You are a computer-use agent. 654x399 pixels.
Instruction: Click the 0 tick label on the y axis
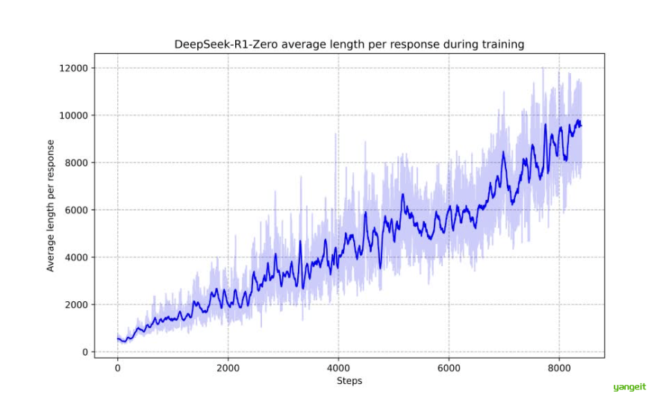click(85, 352)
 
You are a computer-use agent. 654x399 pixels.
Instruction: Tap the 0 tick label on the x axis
click(117, 368)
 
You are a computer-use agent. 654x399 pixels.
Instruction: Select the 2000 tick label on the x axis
click(228, 368)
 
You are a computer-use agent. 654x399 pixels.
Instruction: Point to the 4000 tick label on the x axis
click(338, 368)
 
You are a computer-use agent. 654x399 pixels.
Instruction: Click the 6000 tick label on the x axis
click(449, 368)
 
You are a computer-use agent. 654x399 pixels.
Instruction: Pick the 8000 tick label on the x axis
click(559, 368)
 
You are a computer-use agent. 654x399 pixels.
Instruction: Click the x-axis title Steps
click(349, 380)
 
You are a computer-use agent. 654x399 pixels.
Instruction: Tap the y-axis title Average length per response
click(51, 205)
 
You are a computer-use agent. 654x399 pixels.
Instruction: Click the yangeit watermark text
click(628, 387)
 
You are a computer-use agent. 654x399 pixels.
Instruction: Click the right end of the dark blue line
click(581, 125)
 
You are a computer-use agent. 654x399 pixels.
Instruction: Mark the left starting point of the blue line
click(117, 339)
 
